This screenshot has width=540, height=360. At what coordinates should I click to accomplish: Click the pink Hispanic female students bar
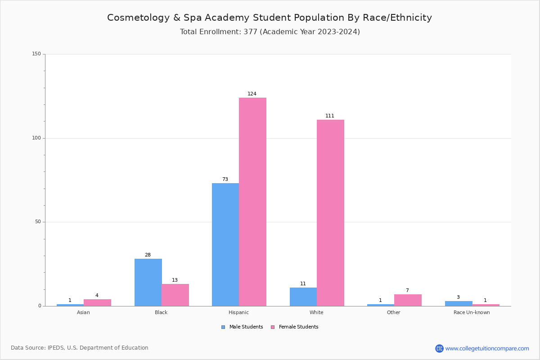[x=252, y=202]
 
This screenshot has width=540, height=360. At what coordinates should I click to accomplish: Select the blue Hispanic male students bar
[x=225, y=244]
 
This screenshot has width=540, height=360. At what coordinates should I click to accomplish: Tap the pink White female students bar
[x=330, y=212]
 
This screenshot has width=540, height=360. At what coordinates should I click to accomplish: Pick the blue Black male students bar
[x=148, y=282]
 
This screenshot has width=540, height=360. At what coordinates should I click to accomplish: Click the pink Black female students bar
[x=175, y=295]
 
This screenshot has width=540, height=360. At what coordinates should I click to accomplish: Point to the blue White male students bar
[x=303, y=297]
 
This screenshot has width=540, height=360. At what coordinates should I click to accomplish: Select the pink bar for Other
[x=408, y=300]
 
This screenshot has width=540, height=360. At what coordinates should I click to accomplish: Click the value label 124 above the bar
[x=252, y=94]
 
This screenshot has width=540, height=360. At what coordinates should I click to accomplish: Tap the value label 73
[x=225, y=180]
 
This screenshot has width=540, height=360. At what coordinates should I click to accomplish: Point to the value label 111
[x=330, y=116]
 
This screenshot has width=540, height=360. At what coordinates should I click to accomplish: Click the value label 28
[x=148, y=255]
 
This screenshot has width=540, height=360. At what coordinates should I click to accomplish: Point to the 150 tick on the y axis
[x=36, y=54]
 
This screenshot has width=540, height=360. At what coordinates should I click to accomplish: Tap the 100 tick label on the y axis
[x=36, y=138]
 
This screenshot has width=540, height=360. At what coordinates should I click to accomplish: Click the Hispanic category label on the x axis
[x=238, y=312]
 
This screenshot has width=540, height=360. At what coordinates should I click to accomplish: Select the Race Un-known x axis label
[x=472, y=312]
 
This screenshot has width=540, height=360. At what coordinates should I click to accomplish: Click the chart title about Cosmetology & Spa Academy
[x=270, y=18]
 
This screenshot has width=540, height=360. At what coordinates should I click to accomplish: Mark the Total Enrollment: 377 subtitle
[x=270, y=32]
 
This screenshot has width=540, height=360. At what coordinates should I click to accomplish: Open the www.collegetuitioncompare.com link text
[x=487, y=348]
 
